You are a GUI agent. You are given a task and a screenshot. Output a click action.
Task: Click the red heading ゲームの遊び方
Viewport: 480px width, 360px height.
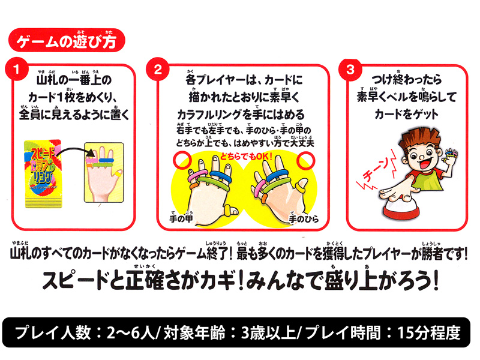pos(67,40)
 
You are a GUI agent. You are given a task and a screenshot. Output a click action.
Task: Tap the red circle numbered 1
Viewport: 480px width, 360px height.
pos(17,69)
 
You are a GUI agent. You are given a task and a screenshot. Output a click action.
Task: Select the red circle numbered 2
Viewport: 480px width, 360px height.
pos(158,69)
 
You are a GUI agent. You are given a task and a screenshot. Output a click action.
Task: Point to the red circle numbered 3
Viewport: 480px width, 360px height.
pos(350,69)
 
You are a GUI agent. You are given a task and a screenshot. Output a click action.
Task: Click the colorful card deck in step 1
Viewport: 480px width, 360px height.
pos(43,174)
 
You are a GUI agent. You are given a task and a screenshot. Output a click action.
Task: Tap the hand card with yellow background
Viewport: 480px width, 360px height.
pos(104,172)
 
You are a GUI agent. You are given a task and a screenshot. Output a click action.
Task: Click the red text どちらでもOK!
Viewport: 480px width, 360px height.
pos(246,157)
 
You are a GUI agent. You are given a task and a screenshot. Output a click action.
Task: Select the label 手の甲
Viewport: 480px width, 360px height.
pos(181,218)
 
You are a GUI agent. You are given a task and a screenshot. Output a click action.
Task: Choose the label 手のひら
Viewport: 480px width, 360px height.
pos(304,218)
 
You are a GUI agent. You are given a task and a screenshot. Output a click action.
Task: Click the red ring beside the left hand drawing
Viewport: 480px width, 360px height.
pos(182,160)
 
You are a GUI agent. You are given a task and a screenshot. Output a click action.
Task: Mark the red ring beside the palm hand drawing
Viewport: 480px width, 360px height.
pos(305,161)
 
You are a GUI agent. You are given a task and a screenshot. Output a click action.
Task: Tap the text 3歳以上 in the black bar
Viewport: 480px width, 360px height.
pos(268,332)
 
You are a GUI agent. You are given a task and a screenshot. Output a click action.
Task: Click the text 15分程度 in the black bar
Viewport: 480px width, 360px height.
pos(429,332)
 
